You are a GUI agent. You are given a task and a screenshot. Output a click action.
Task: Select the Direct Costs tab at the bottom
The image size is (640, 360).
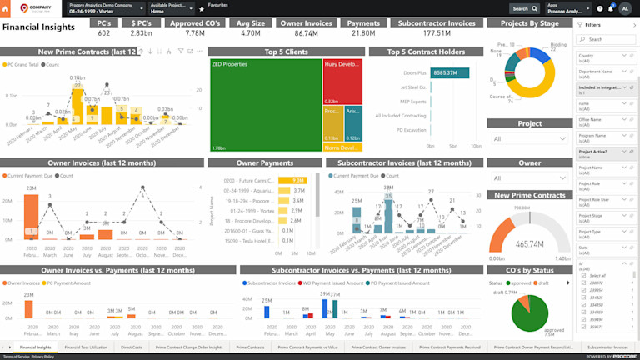click(131, 347)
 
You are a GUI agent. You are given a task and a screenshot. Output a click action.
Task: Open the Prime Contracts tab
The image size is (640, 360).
click(250, 347)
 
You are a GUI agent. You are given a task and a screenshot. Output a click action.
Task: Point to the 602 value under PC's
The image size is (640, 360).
click(103, 33)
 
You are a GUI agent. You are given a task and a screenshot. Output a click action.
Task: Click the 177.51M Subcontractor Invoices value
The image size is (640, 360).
click(437, 33)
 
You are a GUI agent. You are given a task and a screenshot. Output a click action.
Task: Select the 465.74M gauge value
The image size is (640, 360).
click(530, 244)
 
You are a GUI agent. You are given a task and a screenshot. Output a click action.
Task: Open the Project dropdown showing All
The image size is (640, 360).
click(529, 139)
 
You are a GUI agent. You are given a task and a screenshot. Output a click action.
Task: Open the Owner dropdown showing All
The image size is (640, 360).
click(529, 178)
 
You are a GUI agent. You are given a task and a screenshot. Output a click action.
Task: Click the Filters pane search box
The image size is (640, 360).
click(606, 39)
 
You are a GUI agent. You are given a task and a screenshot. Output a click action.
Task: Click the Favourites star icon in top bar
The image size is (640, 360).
click(202, 8)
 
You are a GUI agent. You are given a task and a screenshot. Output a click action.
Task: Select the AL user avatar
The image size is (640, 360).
click(625, 8)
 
